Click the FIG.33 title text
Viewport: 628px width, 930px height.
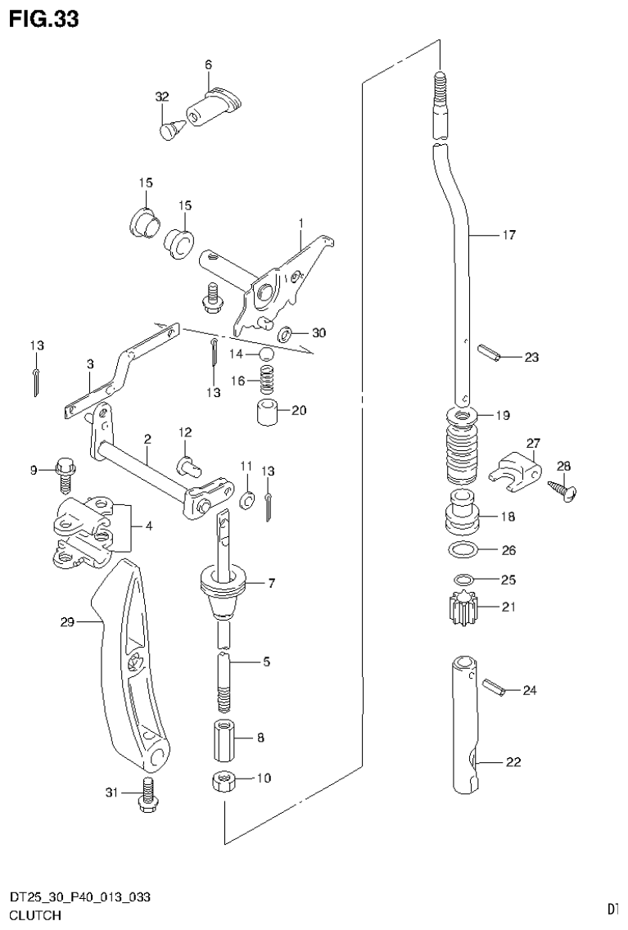pyautogui.click(x=44, y=19)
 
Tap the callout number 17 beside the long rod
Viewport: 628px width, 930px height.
pyautogui.click(x=508, y=235)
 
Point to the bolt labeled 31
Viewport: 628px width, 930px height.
pyautogui.click(x=148, y=794)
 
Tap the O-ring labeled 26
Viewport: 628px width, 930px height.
pyautogui.click(x=463, y=549)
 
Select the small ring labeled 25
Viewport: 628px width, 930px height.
pyautogui.click(x=463, y=580)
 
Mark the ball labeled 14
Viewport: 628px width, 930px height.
pyautogui.click(x=266, y=354)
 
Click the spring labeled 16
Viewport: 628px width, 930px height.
pyautogui.click(x=267, y=379)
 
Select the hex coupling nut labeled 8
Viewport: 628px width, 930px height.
pyautogui.click(x=224, y=738)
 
